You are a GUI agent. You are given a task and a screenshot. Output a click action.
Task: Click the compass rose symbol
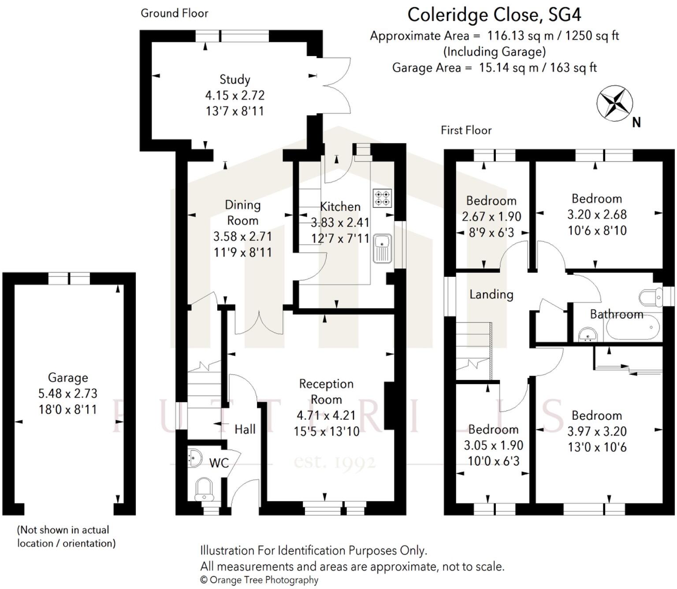click(614, 104)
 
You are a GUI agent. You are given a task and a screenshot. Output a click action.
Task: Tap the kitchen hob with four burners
click(382, 198)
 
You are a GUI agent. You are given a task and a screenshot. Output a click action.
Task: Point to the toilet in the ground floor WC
click(204, 489)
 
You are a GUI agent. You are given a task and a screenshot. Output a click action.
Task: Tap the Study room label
click(235, 80)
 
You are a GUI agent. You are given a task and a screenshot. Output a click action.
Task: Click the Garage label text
click(68, 378)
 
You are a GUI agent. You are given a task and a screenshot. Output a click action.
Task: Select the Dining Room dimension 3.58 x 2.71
click(242, 237)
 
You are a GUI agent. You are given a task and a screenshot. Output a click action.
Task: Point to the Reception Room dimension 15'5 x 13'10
click(327, 432)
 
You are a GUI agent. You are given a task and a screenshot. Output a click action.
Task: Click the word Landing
click(491, 294)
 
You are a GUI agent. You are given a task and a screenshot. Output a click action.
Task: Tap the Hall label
click(245, 429)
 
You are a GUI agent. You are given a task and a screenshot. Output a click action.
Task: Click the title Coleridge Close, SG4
click(494, 15)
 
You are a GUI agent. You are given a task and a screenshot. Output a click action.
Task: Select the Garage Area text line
click(494, 68)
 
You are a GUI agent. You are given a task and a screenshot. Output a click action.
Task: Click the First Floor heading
click(466, 130)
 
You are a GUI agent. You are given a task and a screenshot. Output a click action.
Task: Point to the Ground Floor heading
click(174, 13)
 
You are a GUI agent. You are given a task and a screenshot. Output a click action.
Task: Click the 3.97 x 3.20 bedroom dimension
click(597, 432)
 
